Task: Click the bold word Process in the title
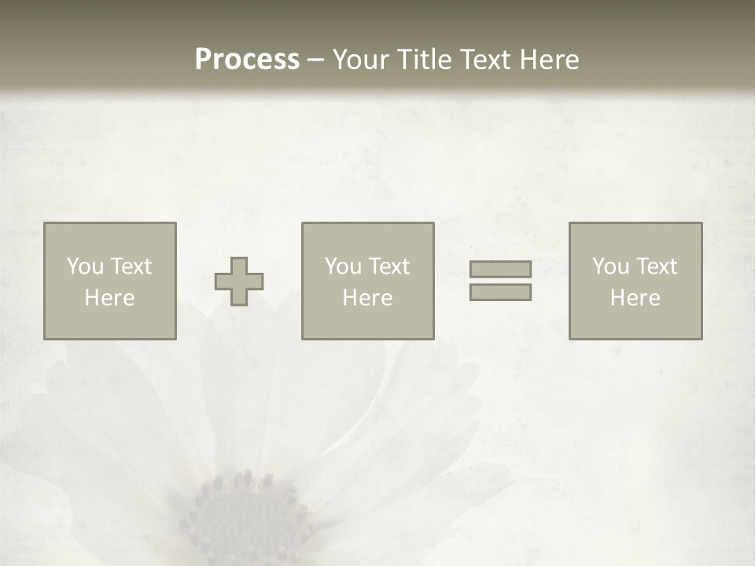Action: click(247, 60)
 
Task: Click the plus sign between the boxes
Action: click(239, 281)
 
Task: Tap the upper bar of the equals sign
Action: click(500, 269)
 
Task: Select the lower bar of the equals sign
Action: click(500, 292)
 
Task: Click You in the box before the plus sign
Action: click(85, 266)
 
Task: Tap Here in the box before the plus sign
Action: click(109, 298)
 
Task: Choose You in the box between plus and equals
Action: click(343, 266)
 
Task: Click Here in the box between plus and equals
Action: click(367, 298)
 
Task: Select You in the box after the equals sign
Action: click(610, 266)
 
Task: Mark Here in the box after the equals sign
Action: click(635, 298)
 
